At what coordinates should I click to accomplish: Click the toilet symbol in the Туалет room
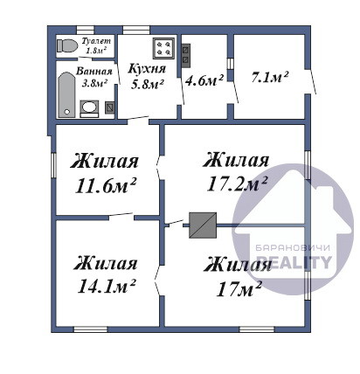point(67,45)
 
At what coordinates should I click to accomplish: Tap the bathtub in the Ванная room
point(66,94)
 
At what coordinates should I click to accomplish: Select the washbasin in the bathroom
point(89,108)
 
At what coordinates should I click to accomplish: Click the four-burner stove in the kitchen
point(163,48)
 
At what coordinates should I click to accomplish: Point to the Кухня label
point(147,68)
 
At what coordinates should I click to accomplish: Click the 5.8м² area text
point(147,84)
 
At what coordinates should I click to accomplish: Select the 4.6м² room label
point(204,80)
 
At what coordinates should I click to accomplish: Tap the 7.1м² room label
point(270,78)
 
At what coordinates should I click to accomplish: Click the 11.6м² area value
point(106,186)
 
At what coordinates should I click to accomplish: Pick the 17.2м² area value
point(237,184)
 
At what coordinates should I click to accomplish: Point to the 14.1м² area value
point(107,287)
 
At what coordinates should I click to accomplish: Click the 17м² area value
point(239,289)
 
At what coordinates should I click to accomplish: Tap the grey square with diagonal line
point(203,225)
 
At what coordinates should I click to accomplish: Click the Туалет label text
point(96,40)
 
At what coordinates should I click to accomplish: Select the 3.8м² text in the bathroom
point(94,83)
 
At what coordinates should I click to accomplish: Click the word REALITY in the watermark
point(294,262)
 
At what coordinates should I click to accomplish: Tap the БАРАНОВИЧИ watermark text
point(293,248)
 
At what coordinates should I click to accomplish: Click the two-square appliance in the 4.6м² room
point(186,54)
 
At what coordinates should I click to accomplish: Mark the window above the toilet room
point(86,31)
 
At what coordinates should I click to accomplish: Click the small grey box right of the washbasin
point(109,107)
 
